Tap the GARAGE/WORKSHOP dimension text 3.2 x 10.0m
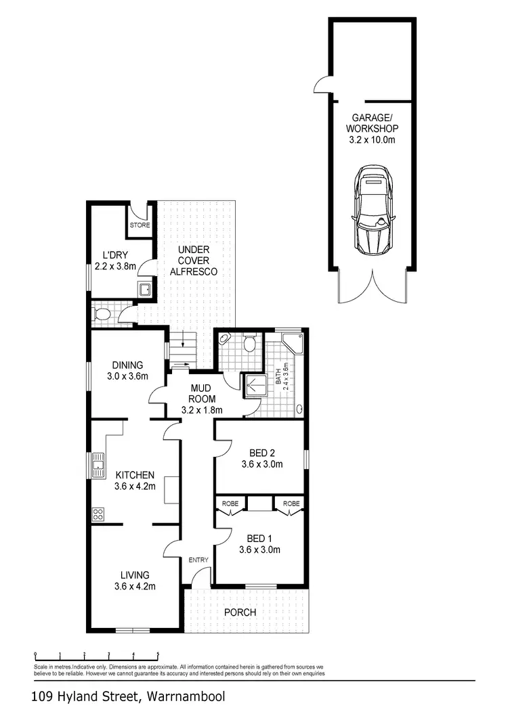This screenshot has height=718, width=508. coord(371,140)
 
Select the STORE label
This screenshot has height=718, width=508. coord(140,225)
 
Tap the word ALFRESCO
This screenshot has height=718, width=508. coord(193,271)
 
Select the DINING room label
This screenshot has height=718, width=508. coord(127,365)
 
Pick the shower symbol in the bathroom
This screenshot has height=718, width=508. coord(252,386)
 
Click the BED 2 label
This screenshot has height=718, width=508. coord(261,453)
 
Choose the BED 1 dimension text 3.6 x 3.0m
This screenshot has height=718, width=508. coord(259,549)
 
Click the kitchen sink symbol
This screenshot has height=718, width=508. coord(99,464)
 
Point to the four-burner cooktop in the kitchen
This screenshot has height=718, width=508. coord(98,514)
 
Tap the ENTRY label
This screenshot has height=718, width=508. coord(198,560)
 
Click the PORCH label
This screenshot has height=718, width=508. coord(240,612)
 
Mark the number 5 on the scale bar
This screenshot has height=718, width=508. coord(158,654)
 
